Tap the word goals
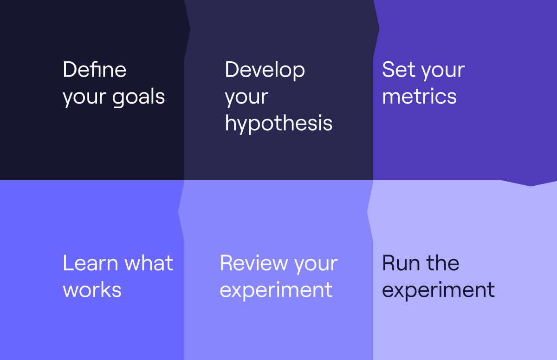138,98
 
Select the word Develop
265,71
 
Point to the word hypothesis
278,124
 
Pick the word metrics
419,96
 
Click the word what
149,263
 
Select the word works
92,290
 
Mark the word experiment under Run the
438,291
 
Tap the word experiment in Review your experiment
276,291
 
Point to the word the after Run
443,263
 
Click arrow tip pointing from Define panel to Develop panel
190,29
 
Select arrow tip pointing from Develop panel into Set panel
379,28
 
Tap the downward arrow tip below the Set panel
531,186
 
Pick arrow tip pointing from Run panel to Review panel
367,212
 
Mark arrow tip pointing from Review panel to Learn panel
178,212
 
